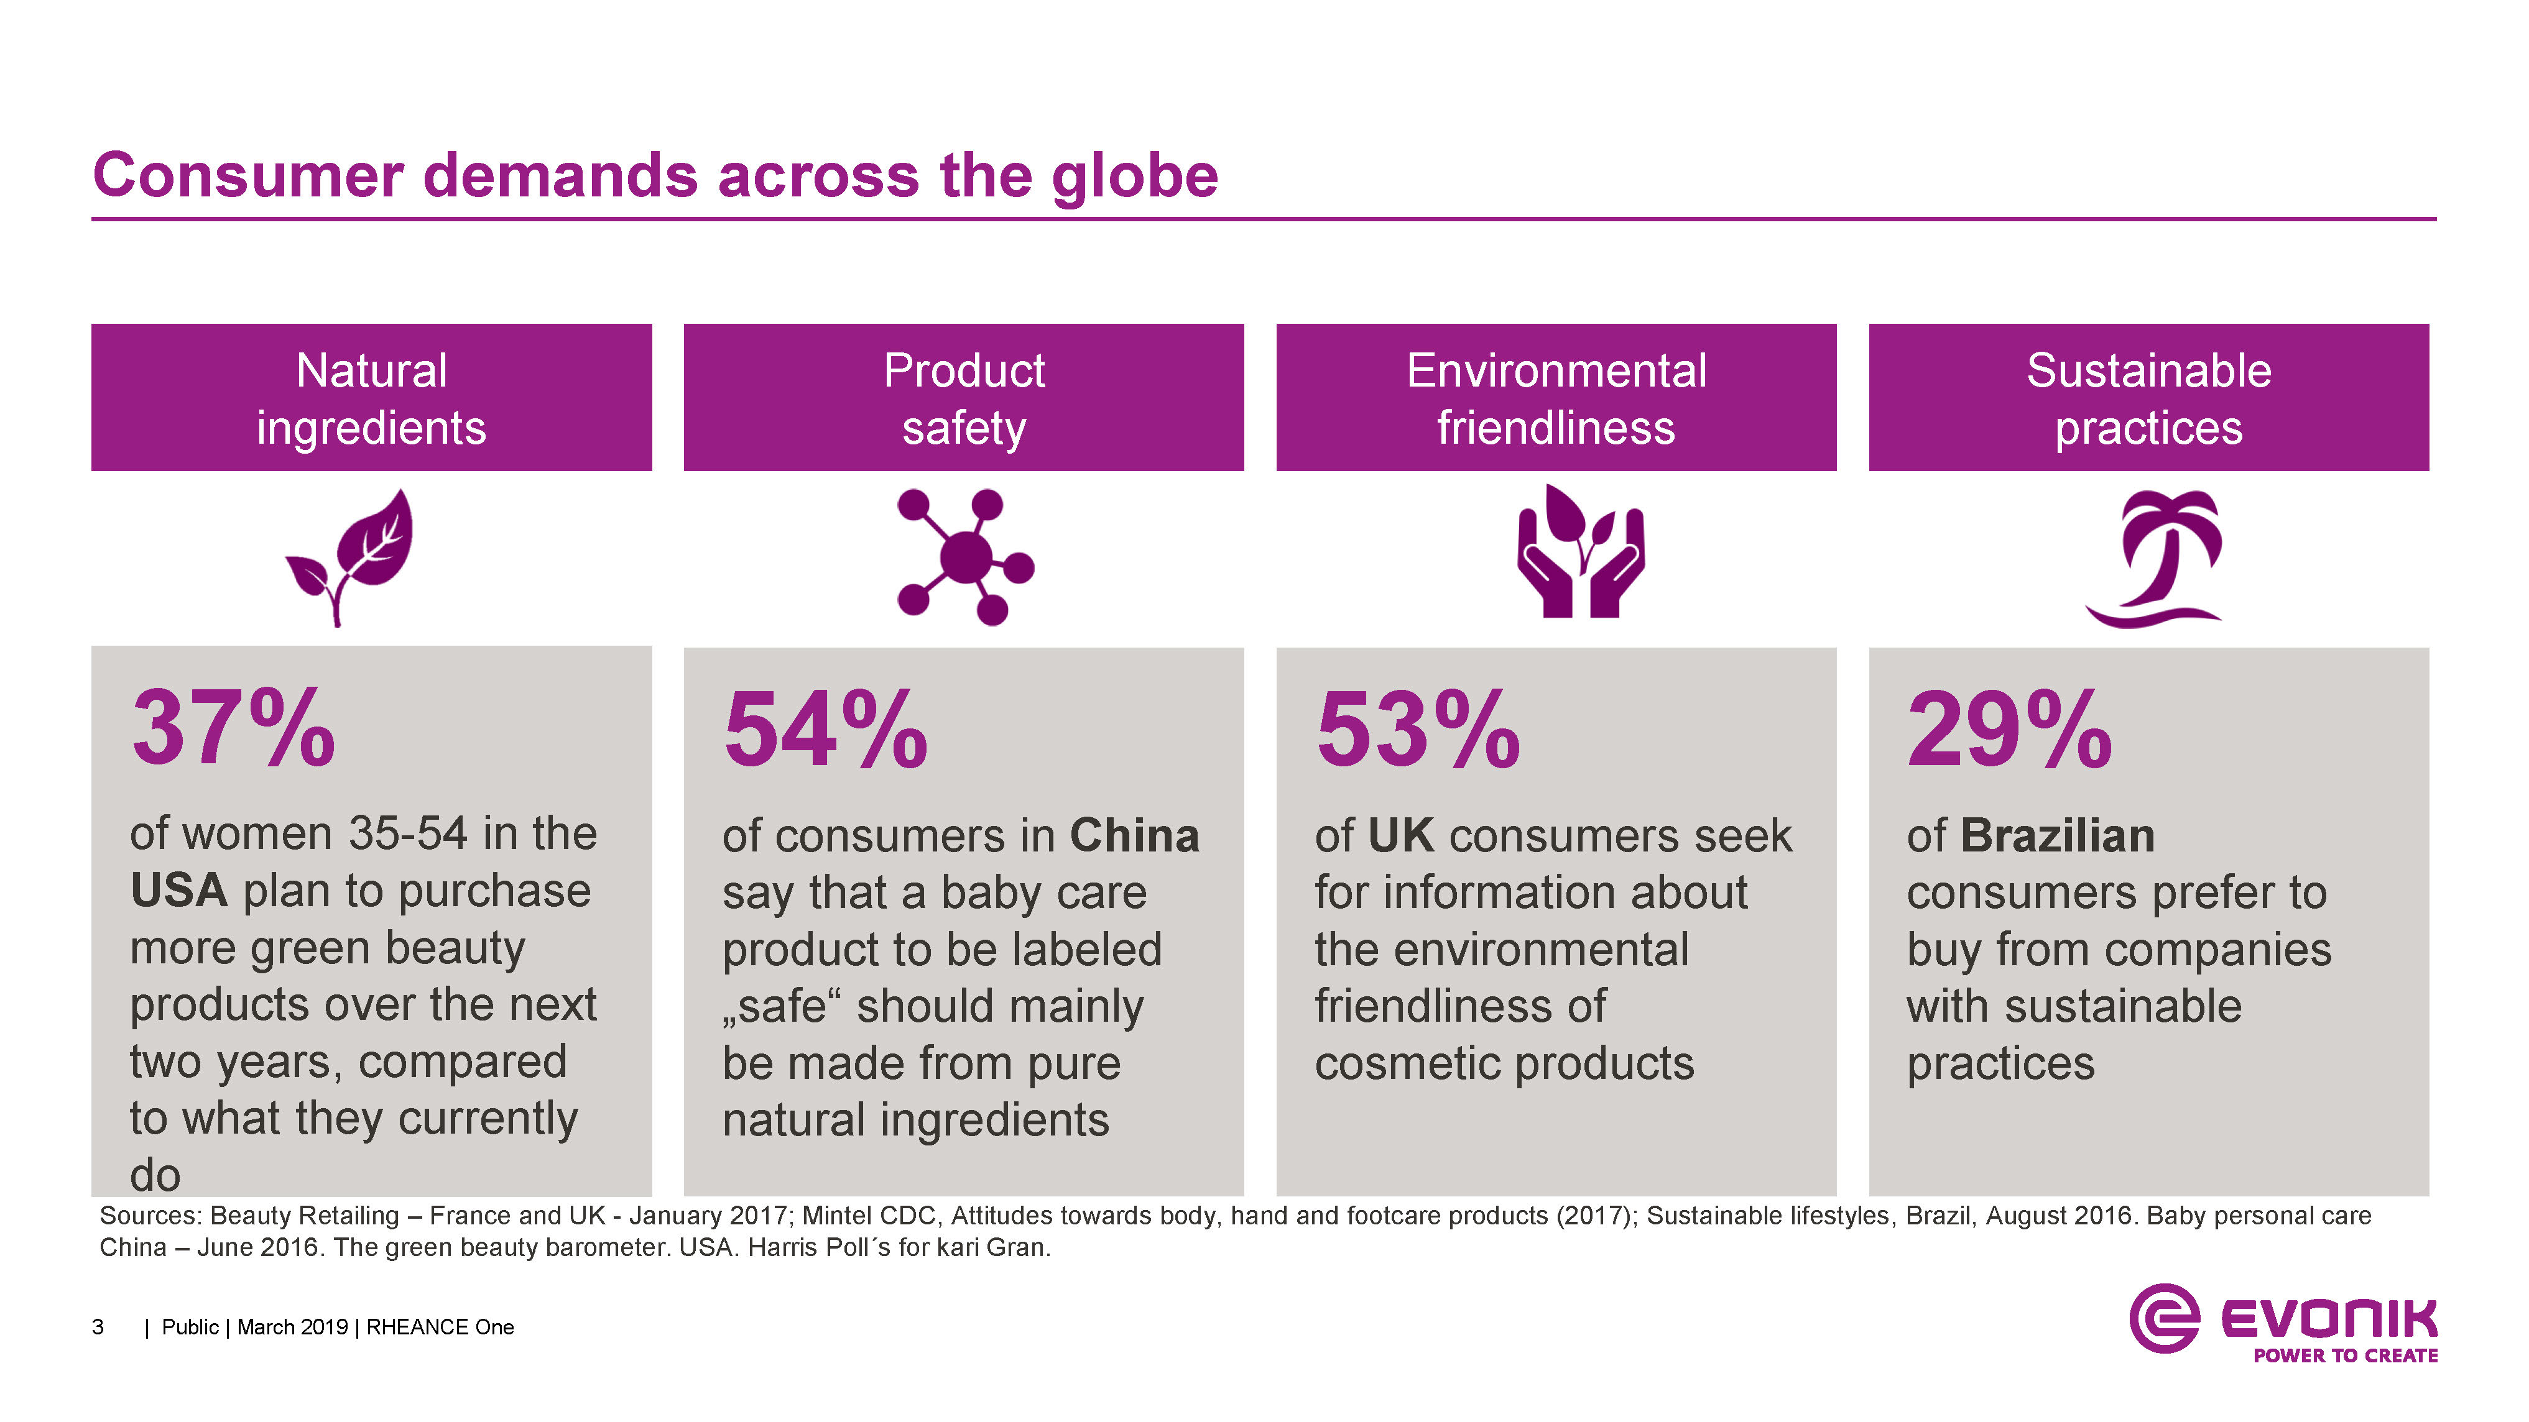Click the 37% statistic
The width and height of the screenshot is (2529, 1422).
pos(234,728)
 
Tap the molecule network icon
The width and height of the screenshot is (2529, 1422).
pos(965,556)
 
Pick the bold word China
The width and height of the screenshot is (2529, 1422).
pos(1134,836)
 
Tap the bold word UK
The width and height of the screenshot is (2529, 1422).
pos(1400,836)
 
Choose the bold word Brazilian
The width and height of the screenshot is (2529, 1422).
pos(2058,836)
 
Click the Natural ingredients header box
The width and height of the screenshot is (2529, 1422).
pos(371,398)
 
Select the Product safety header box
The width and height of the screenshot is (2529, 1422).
pos(963,398)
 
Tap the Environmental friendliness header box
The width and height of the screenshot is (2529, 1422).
pos(1556,398)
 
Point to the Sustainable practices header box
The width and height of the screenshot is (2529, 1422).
pos(2148,398)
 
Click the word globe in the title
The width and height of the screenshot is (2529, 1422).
pos(1134,177)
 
